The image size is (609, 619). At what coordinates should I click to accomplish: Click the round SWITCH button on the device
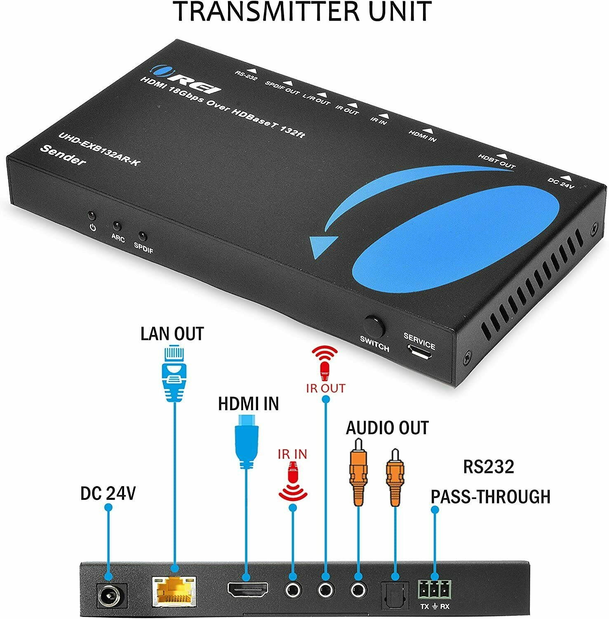[x=375, y=327]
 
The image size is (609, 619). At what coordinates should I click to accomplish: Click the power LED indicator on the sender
[x=92, y=216]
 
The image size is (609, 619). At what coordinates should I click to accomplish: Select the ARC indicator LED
[x=117, y=226]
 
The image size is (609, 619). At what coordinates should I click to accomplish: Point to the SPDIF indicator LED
[x=143, y=236]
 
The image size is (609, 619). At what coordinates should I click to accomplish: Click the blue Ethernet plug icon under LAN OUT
[x=174, y=373]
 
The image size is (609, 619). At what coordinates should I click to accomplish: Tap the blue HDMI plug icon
[x=246, y=442]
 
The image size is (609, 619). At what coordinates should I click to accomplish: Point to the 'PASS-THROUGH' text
[x=490, y=497]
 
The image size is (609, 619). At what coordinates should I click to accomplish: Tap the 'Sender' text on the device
[x=63, y=155]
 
